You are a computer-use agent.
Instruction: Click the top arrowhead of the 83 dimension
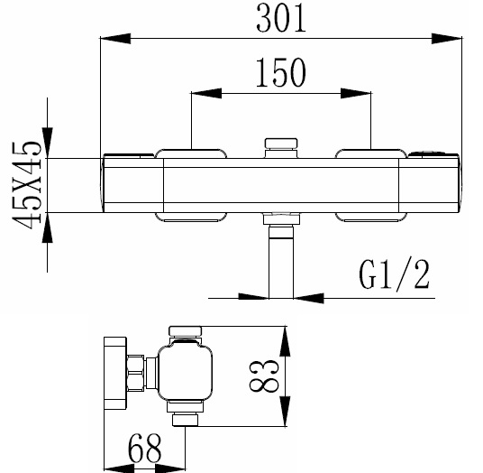click(286, 338)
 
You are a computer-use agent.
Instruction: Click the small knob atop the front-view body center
click(280, 144)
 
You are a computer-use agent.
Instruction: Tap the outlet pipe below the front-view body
click(281, 262)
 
